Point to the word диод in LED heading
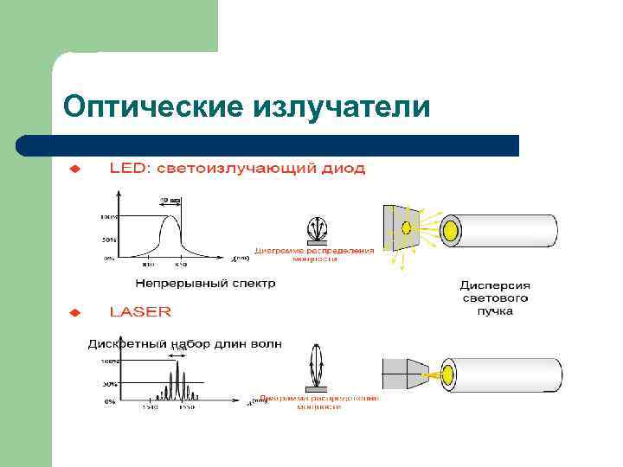[x=344, y=168]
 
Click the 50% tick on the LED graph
[x=110, y=238]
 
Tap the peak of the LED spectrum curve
[x=169, y=217]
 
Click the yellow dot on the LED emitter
[x=405, y=228]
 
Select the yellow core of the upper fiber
[x=451, y=229]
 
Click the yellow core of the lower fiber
[x=449, y=374]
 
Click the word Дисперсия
[x=495, y=285]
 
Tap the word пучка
[x=495, y=310]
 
